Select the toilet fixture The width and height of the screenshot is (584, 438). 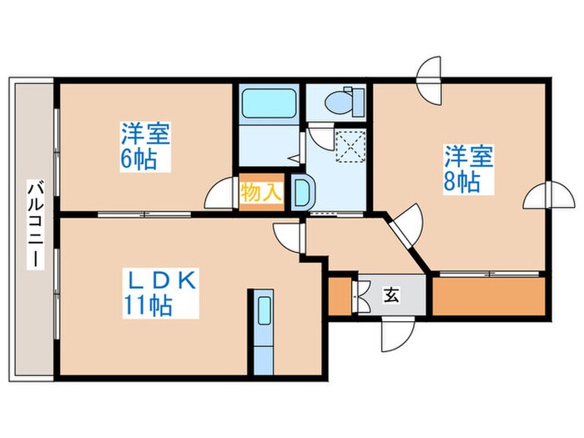344,102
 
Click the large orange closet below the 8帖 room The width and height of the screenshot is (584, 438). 488,295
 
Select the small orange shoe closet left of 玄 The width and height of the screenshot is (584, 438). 340,295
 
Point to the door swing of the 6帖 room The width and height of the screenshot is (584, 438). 219,194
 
